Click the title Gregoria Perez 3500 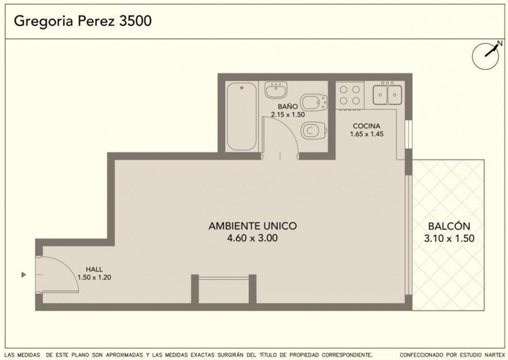click(x=83, y=21)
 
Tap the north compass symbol click(x=486, y=56)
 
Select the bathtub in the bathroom click(x=242, y=116)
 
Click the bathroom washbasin click(x=276, y=90)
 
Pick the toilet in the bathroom click(x=314, y=131)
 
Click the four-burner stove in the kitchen click(x=350, y=95)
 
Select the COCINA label click(x=367, y=126)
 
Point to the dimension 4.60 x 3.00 click(x=252, y=238)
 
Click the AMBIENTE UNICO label click(x=252, y=226)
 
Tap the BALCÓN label click(x=449, y=226)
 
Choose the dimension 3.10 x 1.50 click(x=449, y=239)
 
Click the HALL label click(x=94, y=269)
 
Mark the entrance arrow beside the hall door click(x=23, y=275)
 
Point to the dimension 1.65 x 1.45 click(x=367, y=134)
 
